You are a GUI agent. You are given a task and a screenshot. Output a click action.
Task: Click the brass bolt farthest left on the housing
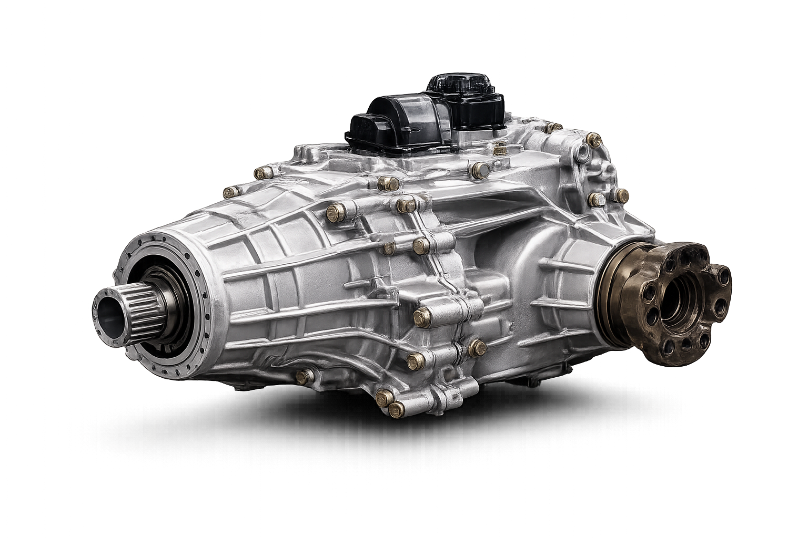[x=229, y=192]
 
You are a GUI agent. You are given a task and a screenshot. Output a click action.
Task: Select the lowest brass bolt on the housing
[x=396, y=408]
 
